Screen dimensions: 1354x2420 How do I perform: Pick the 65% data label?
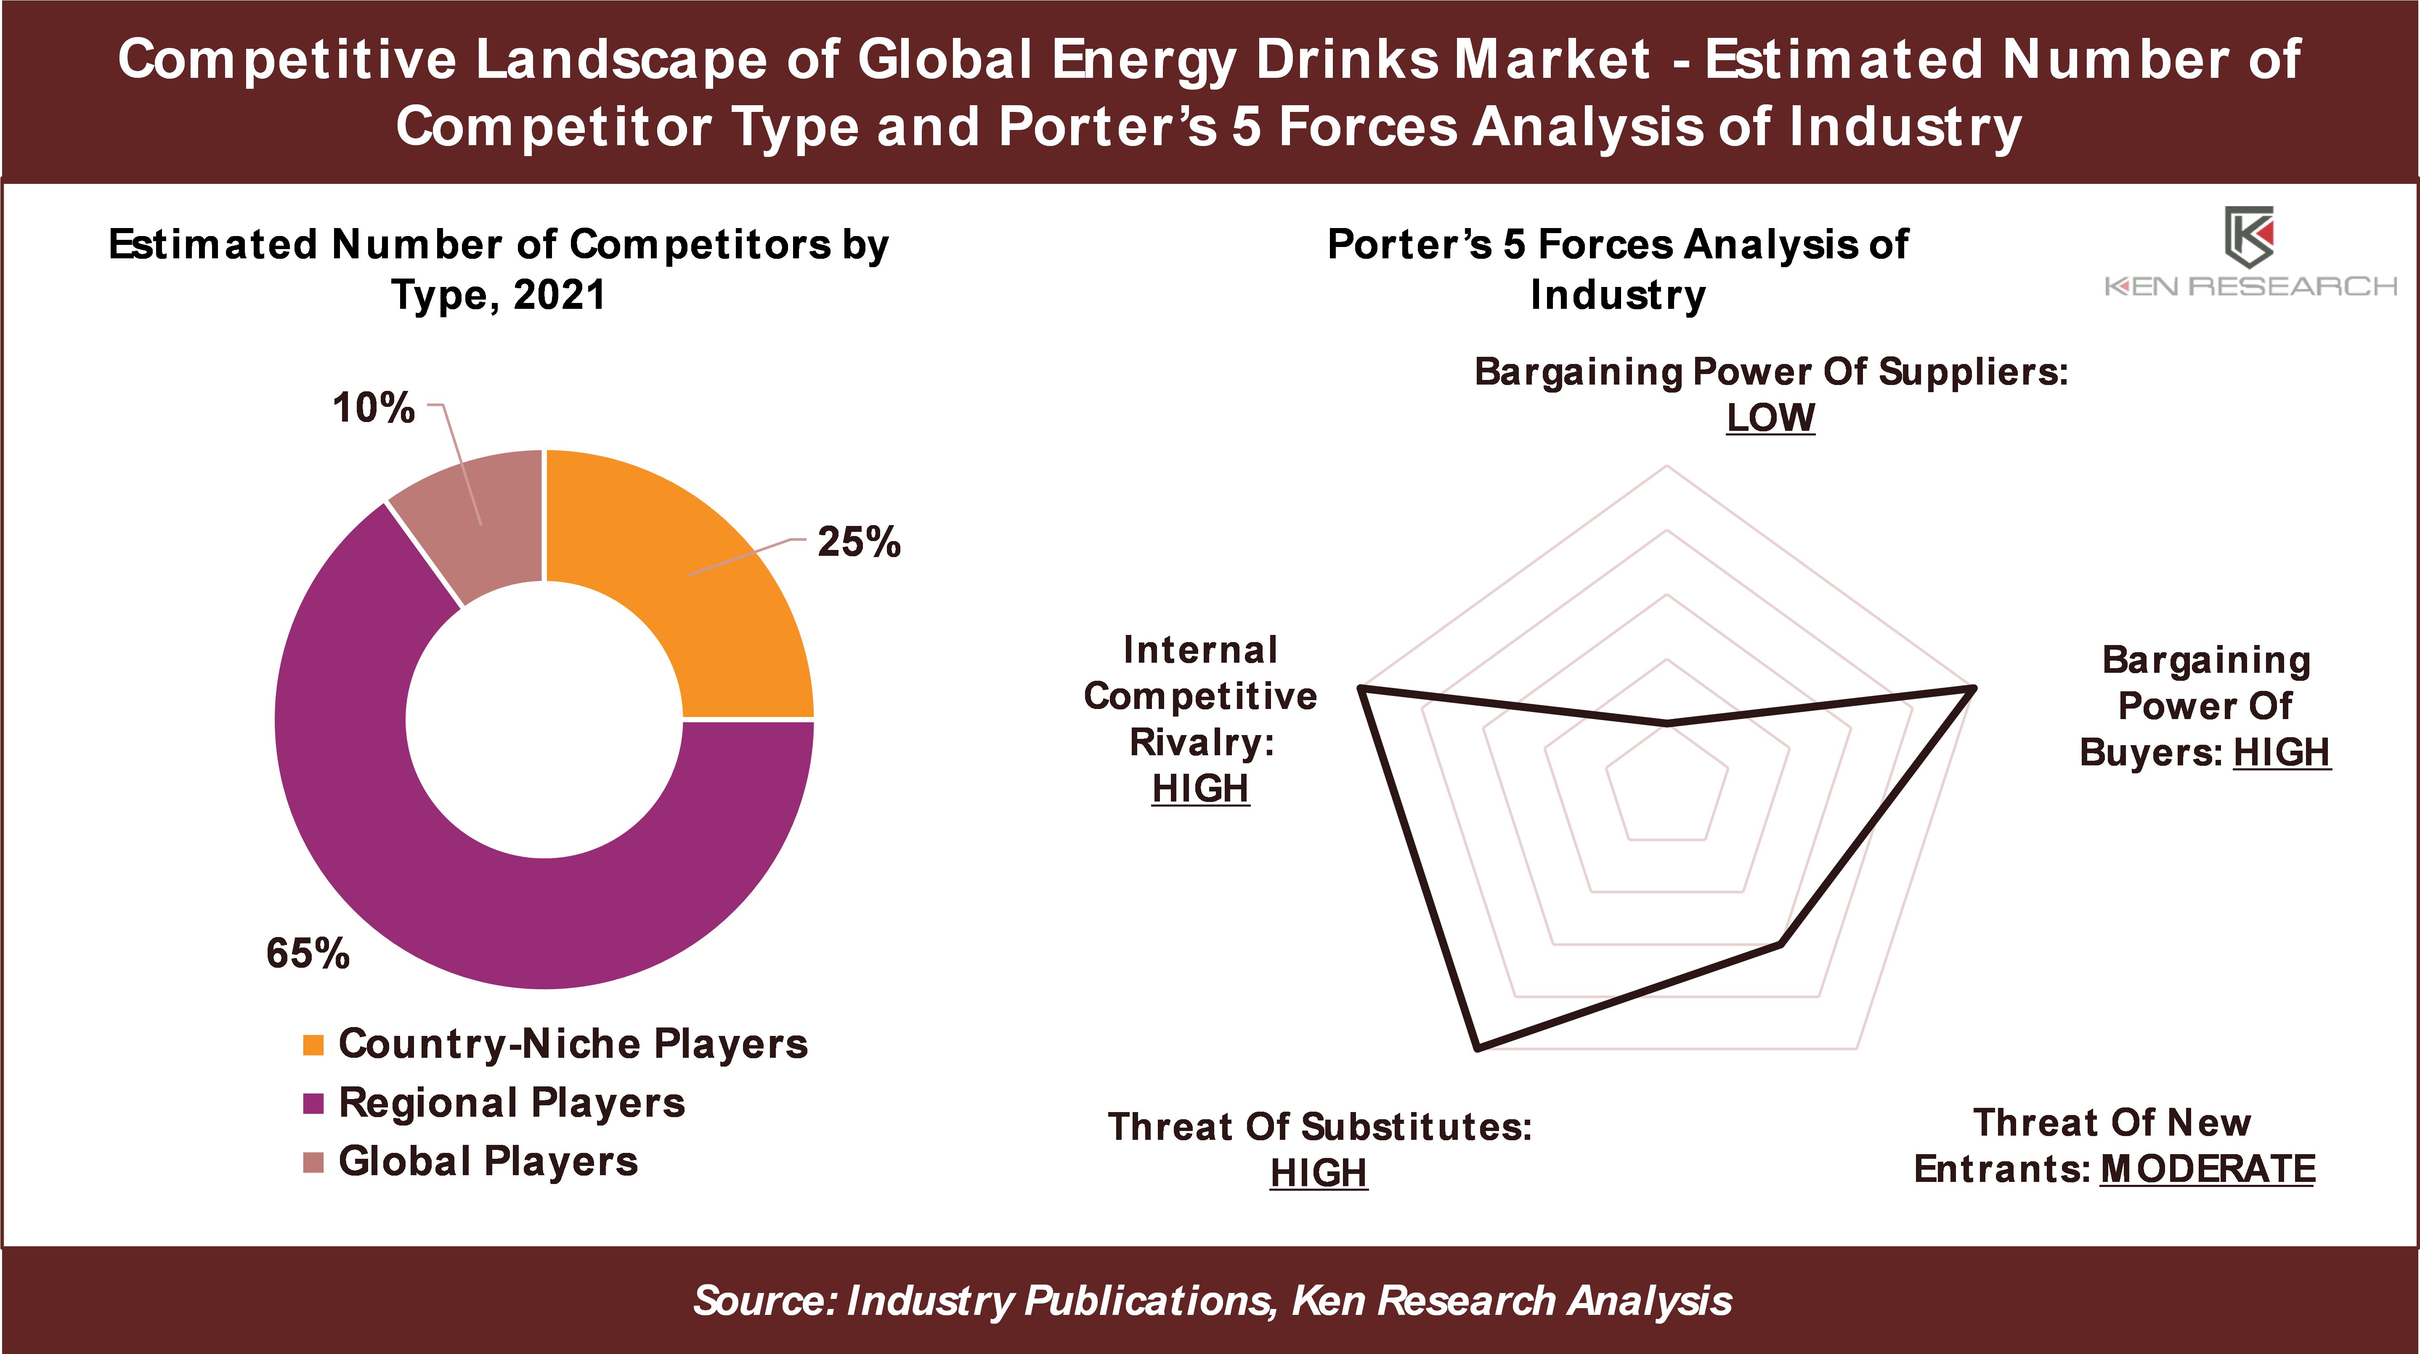(x=307, y=954)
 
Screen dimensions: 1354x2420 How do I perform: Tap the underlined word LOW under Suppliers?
(x=1770, y=418)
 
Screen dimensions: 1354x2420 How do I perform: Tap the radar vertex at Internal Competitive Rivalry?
(x=1361, y=689)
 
